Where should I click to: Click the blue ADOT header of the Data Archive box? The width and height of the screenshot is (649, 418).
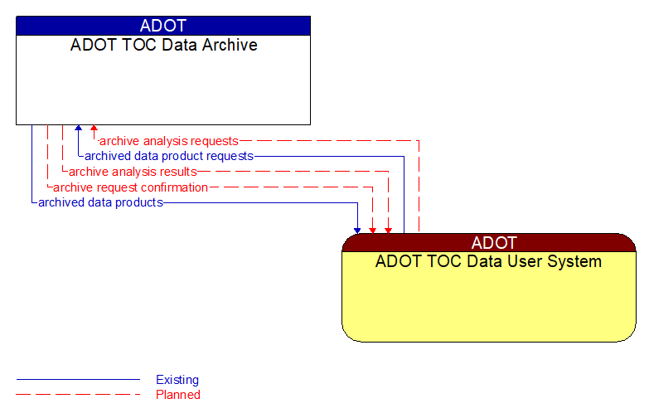click(x=163, y=26)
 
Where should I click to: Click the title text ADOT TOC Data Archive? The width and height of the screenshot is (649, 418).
click(x=163, y=45)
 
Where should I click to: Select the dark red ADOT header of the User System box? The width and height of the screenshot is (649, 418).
click(x=489, y=243)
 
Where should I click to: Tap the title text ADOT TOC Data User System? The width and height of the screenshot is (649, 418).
click(x=489, y=262)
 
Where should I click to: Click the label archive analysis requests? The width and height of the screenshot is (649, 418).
click(x=169, y=141)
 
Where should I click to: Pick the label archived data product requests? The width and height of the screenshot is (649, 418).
click(x=169, y=156)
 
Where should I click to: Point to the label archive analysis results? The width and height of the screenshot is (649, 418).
click(x=133, y=172)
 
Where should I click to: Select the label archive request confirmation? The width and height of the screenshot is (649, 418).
click(x=130, y=187)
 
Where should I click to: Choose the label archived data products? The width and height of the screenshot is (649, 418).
click(x=100, y=202)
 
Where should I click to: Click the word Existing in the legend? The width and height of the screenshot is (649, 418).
click(x=177, y=380)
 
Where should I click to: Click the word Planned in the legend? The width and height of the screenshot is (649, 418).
click(x=178, y=395)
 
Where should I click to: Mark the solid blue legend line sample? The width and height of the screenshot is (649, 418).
click(x=78, y=380)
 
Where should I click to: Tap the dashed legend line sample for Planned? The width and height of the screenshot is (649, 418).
click(x=78, y=395)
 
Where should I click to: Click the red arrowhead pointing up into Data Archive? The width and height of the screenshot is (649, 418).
click(x=94, y=129)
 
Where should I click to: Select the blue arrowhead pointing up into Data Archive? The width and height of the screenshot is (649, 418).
click(x=78, y=129)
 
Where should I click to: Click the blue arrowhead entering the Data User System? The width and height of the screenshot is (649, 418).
click(x=357, y=229)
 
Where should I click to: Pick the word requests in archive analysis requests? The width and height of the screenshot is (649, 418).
click(x=214, y=141)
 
